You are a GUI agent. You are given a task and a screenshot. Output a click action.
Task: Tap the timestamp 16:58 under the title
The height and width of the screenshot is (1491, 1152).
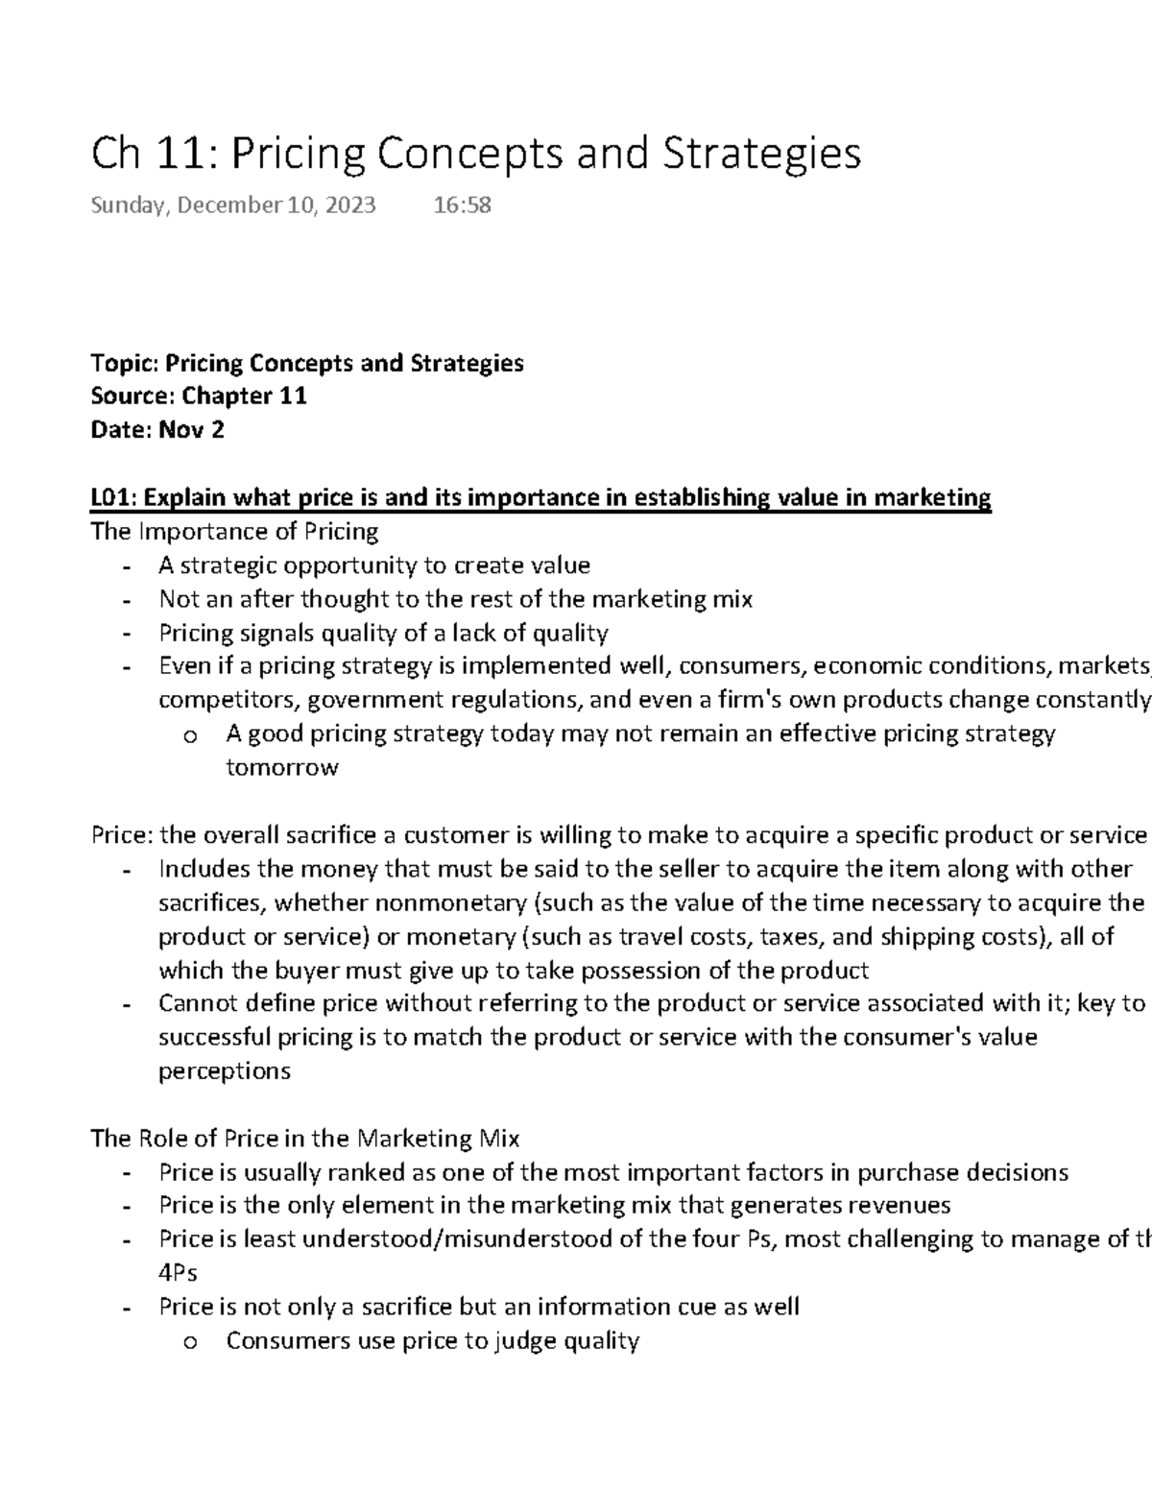pos(463,204)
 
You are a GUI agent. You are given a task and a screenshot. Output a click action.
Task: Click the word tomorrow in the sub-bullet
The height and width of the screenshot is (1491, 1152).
pos(282,768)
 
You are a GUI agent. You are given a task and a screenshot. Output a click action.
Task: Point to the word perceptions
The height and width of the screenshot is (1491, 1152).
pos(224,1071)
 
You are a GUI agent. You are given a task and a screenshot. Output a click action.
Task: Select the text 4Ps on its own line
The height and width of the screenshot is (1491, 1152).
pos(178,1273)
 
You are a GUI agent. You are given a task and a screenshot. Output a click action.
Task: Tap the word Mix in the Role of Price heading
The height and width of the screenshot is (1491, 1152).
pos(498,1139)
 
